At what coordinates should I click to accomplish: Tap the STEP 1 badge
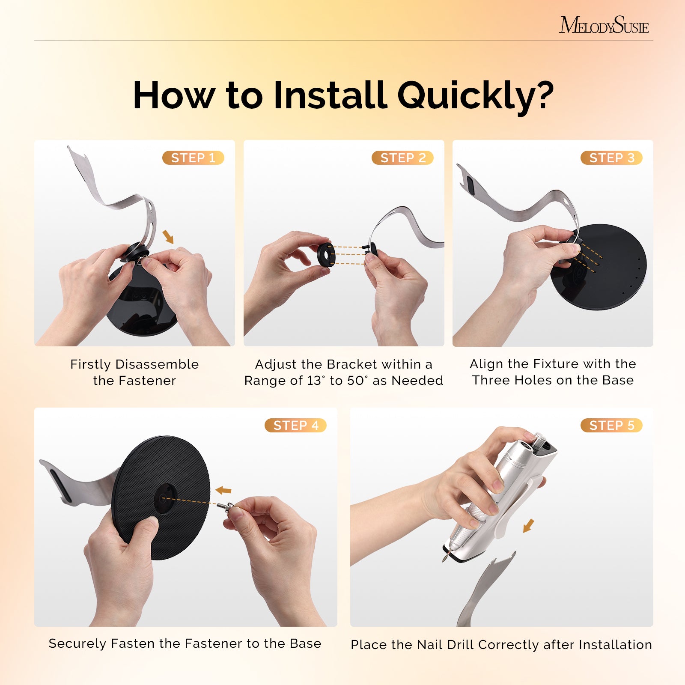[x=193, y=158]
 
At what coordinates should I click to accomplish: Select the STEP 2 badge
[x=402, y=158]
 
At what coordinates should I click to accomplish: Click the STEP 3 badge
[x=611, y=158]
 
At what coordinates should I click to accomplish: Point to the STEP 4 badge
[x=295, y=425]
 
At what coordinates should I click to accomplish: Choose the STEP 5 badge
[x=611, y=425]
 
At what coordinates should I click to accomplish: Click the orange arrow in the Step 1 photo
[x=168, y=236]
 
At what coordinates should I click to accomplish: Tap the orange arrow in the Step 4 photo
[x=223, y=490]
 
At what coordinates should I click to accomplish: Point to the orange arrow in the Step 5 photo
[x=529, y=525]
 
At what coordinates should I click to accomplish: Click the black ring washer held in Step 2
[x=326, y=254]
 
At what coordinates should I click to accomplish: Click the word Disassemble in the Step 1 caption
[x=157, y=364]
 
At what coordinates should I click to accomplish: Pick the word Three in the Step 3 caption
[x=488, y=380]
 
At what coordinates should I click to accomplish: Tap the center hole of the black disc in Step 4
[x=164, y=497]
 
